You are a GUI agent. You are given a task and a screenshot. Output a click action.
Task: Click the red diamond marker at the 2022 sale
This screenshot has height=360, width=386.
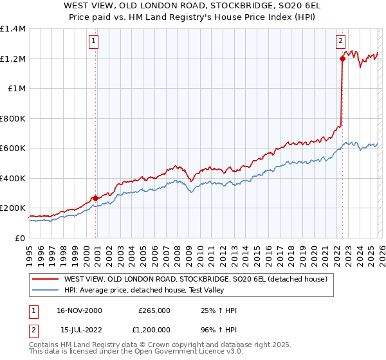[342, 59]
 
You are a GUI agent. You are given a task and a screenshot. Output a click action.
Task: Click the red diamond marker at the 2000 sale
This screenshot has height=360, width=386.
[96, 199]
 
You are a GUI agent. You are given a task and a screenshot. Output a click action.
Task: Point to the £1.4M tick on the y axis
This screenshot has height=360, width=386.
[13, 29]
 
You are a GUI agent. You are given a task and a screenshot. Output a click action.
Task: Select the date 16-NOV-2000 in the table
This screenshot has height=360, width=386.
[79, 310]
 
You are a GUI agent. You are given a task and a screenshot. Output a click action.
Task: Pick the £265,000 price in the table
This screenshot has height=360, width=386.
[154, 310]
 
